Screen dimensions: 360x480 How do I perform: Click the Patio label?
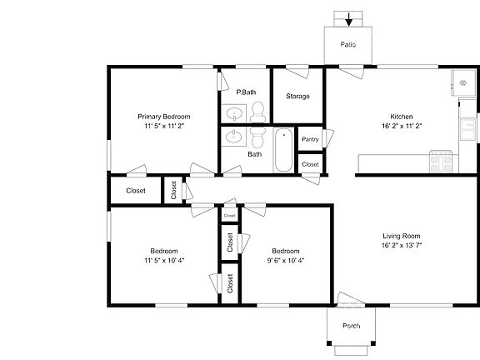[348, 44]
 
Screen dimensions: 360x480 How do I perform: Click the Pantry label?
[310, 139]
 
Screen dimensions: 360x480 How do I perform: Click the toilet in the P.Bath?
[257, 112]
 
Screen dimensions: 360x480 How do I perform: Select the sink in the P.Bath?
[234, 112]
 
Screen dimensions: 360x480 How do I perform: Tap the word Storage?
[297, 97]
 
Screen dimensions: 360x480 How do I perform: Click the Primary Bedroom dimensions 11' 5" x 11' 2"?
[164, 127]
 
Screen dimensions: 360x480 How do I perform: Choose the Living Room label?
[401, 236]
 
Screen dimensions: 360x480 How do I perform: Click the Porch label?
[352, 325]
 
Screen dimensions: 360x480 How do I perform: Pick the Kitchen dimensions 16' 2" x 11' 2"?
[401, 127]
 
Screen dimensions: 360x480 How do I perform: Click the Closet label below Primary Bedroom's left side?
[136, 191]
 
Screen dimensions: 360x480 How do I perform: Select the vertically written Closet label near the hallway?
[173, 191]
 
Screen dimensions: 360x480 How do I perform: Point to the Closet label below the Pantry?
[310, 164]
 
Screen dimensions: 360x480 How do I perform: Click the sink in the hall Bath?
[234, 136]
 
